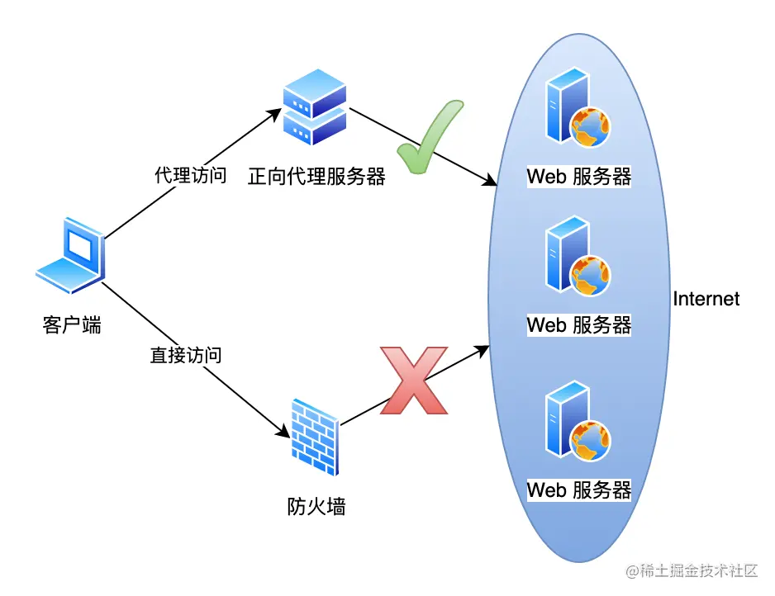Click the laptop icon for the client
click(x=71, y=256)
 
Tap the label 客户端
click(x=72, y=324)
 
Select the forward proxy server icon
click(x=314, y=107)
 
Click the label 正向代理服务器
click(x=316, y=177)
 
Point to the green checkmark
click(x=430, y=138)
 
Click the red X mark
click(x=413, y=381)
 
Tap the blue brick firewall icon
click(x=314, y=437)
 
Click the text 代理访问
click(x=190, y=176)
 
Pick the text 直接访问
click(x=186, y=356)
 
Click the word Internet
click(x=706, y=299)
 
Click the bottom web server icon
click(x=577, y=421)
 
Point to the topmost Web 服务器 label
click(x=579, y=177)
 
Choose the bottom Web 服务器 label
click(x=579, y=490)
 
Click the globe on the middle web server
click(x=591, y=275)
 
